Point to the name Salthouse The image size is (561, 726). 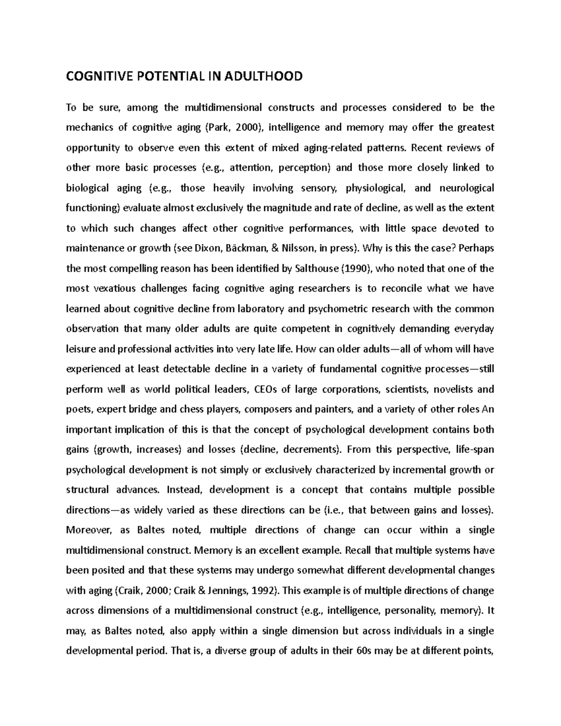[316, 268]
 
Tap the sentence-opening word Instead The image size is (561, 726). [184, 490]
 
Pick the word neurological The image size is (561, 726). [467, 188]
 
